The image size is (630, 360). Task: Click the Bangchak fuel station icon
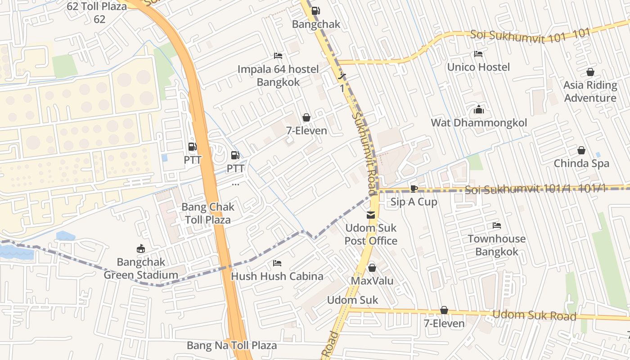316,11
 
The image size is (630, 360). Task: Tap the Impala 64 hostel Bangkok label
278,76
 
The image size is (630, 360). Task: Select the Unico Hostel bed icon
478,54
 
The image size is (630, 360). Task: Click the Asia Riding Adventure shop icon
590,72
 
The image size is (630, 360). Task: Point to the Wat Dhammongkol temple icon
478,109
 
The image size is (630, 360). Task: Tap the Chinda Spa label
581,163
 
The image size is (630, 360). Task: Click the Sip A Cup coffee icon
414,189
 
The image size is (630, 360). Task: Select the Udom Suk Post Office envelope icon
371,215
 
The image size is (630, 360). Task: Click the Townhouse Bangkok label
497,245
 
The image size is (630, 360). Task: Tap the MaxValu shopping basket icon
372,268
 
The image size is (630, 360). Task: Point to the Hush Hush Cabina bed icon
277,263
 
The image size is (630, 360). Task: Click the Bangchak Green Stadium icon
141,248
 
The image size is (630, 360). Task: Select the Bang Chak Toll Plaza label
207,213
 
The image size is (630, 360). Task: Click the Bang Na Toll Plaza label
232,346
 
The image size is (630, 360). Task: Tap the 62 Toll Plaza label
97,13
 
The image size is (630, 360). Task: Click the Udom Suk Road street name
534,315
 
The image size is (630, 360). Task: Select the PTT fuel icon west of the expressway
192,147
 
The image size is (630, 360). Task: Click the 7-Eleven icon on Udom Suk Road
444,310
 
